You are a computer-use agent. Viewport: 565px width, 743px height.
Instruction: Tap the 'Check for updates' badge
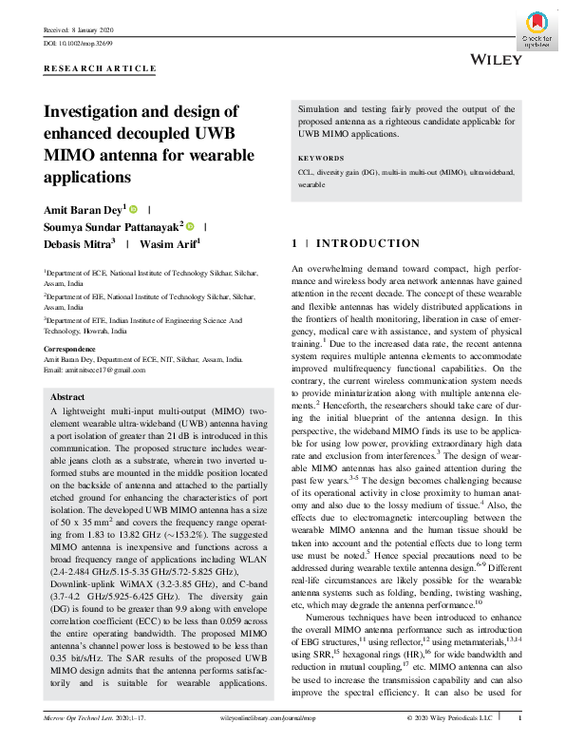(x=537, y=30)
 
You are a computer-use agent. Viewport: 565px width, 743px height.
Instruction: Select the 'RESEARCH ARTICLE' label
(x=100, y=69)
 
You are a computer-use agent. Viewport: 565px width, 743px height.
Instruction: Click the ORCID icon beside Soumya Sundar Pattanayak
(x=190, y=226)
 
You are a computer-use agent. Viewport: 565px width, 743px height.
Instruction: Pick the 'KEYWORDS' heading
(x=321, y=158)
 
